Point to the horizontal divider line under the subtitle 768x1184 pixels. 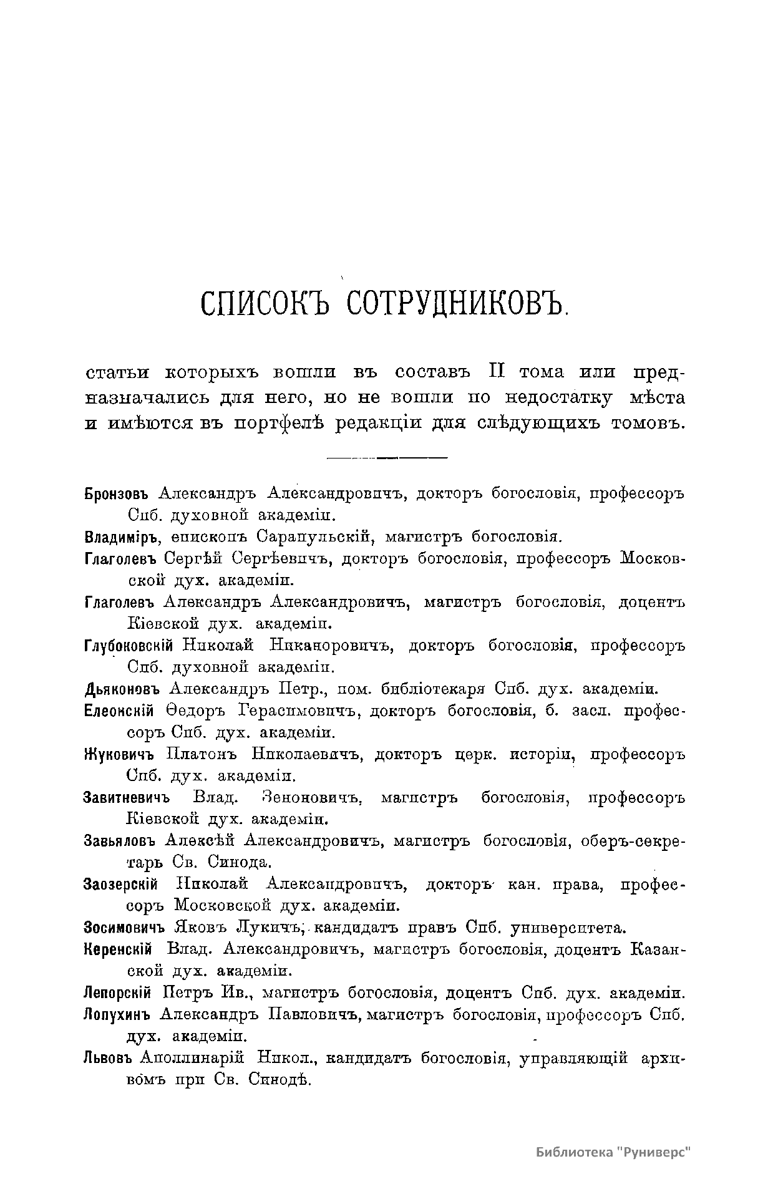tap(387, 459)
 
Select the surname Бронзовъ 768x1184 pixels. tap(119, 495)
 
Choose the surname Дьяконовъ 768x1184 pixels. tap(122, 689)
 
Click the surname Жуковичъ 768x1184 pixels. tap(119, 755)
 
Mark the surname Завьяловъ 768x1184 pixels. tap(120, 841)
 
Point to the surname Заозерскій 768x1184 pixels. tap(120, 885)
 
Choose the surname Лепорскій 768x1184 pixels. tap(119, 992)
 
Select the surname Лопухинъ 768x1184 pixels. tap(117, 1014)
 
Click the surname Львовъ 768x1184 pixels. tap(109, 1058)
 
